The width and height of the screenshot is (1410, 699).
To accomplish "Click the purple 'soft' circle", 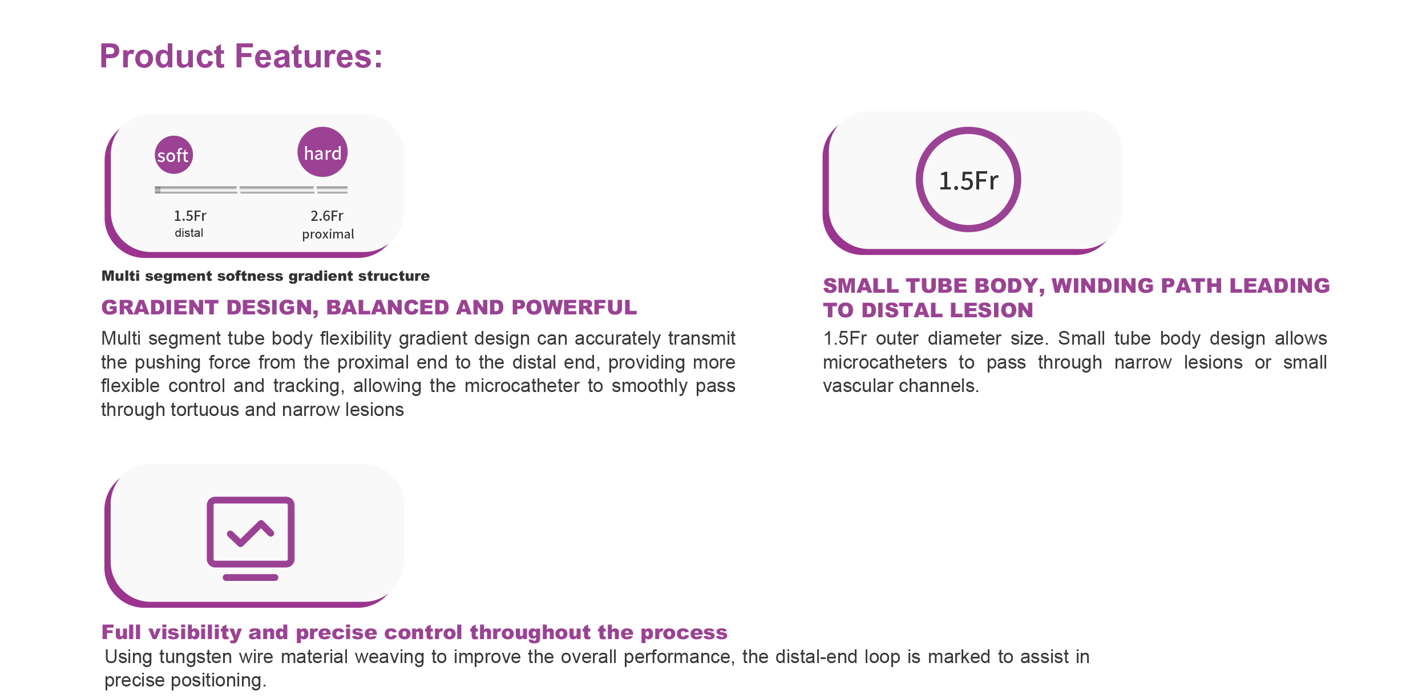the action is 173,155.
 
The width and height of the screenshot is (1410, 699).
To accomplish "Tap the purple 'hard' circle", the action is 322,152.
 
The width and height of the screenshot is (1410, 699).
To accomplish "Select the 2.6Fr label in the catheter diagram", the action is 327,216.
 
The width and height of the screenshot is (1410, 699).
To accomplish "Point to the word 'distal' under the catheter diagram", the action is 189,233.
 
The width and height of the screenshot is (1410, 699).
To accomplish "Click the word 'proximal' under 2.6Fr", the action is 328,234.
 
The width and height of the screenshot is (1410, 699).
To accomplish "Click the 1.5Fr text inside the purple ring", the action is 968,181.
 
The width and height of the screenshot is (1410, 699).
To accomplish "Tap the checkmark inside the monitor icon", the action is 251,533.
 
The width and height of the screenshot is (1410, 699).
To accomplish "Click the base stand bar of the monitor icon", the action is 251,577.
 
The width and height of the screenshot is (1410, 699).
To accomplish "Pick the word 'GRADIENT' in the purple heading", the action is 160,308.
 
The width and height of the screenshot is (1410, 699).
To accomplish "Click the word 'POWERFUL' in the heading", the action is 574,308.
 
